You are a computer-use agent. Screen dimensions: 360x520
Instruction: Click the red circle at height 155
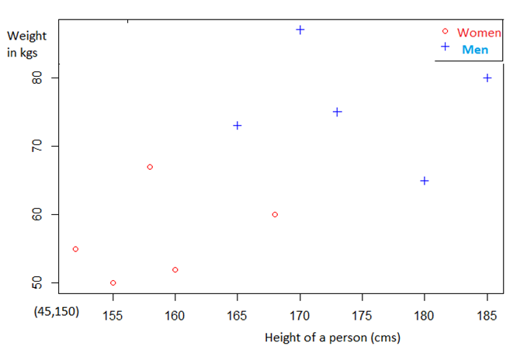(113, 282)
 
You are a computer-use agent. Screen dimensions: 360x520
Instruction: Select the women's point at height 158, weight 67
(150, 167)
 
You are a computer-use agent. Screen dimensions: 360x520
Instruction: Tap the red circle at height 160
(175, 269)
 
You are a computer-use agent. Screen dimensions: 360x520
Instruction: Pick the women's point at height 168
(275, 214)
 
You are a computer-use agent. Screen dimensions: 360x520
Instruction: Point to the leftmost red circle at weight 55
(75, 249)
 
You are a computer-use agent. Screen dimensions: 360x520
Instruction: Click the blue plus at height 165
(237, 125)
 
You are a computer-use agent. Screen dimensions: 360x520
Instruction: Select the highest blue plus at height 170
(300, 29)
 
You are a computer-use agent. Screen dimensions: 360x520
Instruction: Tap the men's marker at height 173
(338, 112)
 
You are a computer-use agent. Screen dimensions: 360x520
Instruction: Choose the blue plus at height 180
(425, 181)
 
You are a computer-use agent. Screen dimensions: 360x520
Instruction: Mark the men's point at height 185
(487, 78)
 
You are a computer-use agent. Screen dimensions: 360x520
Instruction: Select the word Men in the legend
(475, 50)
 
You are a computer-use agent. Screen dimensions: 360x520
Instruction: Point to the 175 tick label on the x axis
(362, 316)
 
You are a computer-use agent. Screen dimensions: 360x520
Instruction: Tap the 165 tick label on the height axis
(237, 316)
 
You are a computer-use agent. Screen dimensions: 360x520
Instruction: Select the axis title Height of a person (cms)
(332, 338)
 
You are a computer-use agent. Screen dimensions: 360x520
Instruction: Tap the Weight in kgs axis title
(26, 43)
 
